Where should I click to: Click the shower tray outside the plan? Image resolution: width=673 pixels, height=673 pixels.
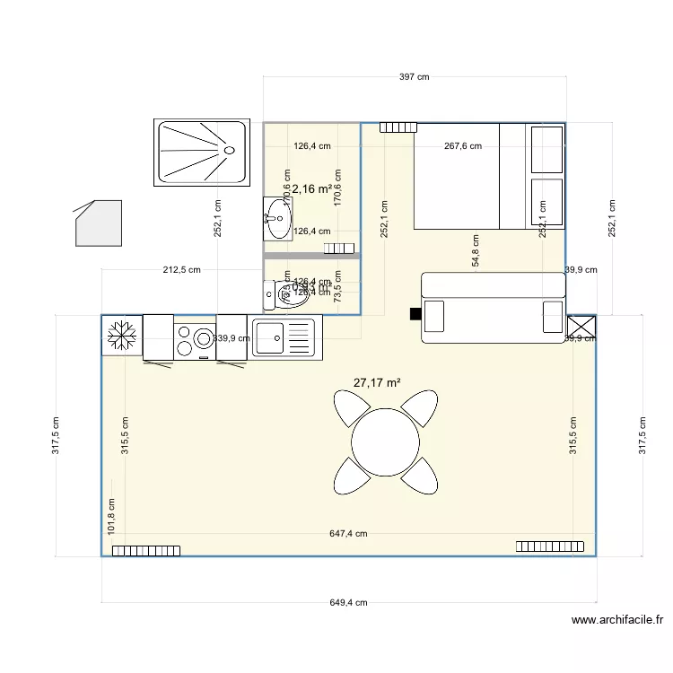(x=202, y=153)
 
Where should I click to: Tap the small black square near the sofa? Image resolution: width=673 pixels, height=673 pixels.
(x=415, y=314)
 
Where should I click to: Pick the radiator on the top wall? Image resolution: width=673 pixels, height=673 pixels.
(x=398, y=127)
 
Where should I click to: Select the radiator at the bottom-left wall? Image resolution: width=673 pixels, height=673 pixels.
(x=145, y=550)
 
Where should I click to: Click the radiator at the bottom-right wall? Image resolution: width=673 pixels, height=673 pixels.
(x=550, y=546)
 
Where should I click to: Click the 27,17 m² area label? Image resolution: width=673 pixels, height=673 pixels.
(x=377, y=383)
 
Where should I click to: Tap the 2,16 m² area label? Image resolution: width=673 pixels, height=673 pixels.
(x=310, y=189)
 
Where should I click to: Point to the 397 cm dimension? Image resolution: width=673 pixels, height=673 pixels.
(x=414, y=77)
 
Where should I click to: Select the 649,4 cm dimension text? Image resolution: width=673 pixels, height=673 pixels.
(x=348, y=604)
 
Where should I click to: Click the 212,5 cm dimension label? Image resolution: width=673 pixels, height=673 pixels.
(x=181, y=269)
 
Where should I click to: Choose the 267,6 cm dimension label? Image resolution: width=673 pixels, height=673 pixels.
(x=463, y=146)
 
